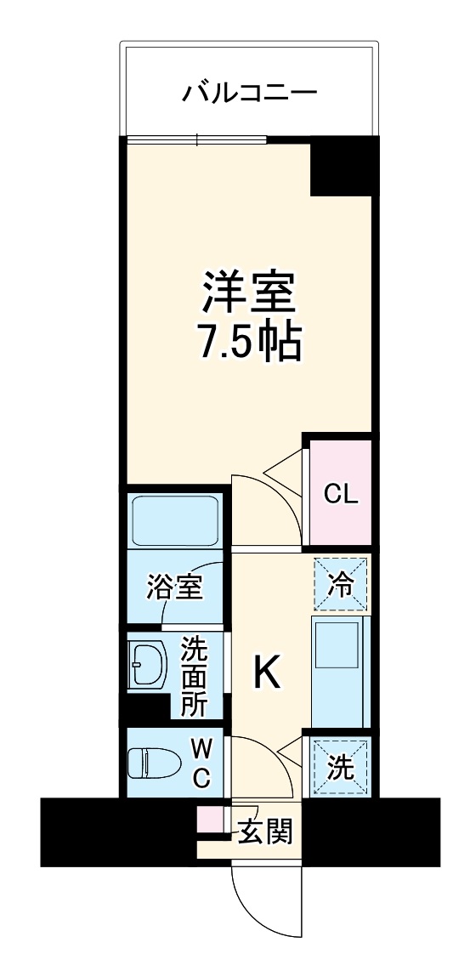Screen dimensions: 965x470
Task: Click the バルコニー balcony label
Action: click(x=249, y=91)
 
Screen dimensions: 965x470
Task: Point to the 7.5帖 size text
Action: click(x=249, y=340)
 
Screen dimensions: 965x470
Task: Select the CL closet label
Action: click(x=341, y=495)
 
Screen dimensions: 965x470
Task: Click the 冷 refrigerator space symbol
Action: click(x=341, y=583)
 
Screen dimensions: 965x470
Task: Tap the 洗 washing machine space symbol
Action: click(x=340, y=768)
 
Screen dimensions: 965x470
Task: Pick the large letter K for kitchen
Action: click(x=265, y=674)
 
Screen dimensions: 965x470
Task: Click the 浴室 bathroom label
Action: click(x=174, y=587)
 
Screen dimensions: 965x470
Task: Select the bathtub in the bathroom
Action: click(x=175, y=520)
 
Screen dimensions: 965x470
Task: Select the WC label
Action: click(x=201, y=763)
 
